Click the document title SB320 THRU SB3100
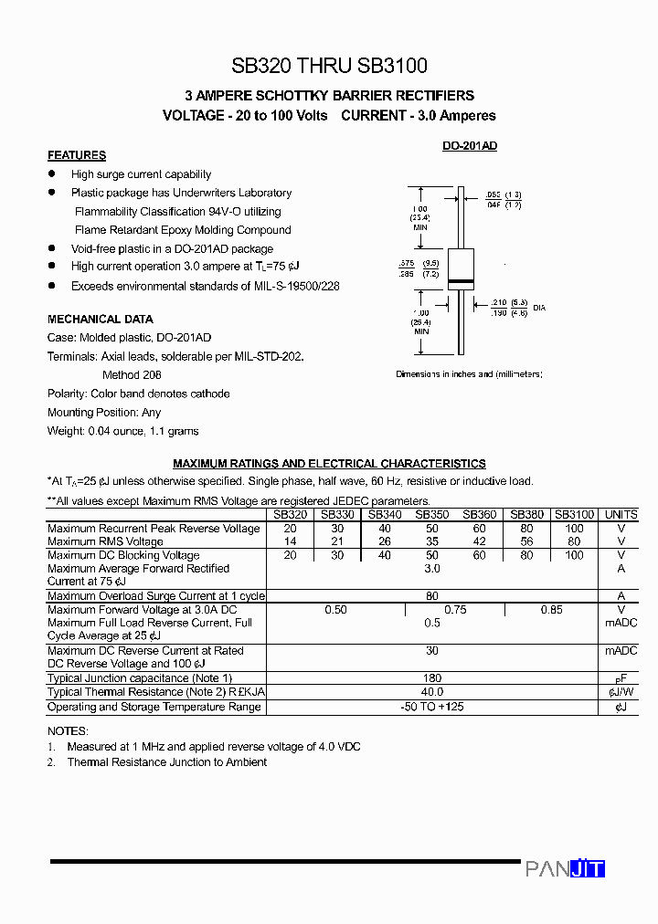coord(329,66)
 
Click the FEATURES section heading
coord(77,155)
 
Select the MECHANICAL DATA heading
coord(101,320)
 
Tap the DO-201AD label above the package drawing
coord(469,146)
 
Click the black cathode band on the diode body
coord(460,280)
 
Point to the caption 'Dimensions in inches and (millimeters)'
coord(469,374)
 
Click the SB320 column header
coord(290,515)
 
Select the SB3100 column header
coord(574,515)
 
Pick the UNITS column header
coord(621,515)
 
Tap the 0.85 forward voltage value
coord(551,610)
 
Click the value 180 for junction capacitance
coord(432,678)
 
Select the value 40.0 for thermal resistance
coord(432,692)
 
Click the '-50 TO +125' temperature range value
coord(432,707)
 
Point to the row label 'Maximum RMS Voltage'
coord(105,542)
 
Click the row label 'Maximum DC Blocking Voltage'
coord(123,555)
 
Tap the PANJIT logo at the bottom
coord(565,868)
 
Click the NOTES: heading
coord(68,731)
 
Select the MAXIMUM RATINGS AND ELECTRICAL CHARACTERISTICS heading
coord(329,464)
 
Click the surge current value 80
coord(432,596)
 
